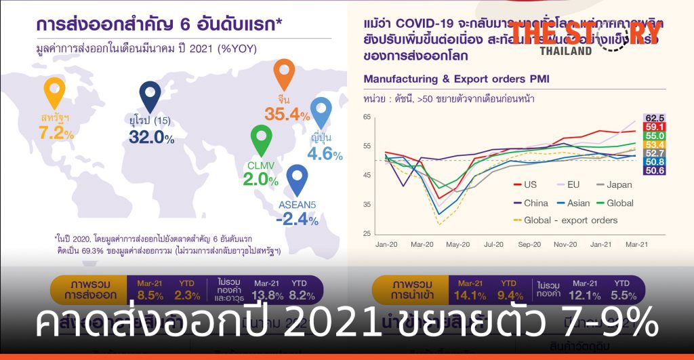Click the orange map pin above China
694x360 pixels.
pos(284,74)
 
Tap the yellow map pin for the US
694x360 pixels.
pos(54,92)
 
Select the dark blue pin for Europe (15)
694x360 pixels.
pos(150,96)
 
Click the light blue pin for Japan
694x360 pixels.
pos(321,112)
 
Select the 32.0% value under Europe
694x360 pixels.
pos(151,138)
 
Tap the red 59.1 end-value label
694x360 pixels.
pos(654,127)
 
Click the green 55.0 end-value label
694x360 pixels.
pos(654,136)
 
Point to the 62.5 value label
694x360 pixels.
pos(654,117)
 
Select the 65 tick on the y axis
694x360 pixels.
pos(367,117)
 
